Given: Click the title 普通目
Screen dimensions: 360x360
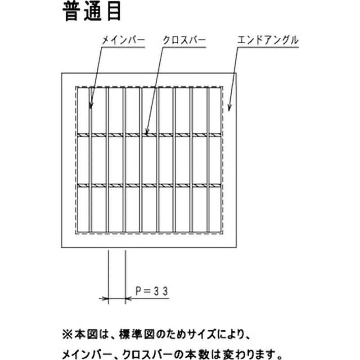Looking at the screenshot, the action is tap(92, 12).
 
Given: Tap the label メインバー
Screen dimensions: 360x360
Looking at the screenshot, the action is tap(123, 40).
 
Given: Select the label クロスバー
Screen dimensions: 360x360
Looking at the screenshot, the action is tap(184, 40).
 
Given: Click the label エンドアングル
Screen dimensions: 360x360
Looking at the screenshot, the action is tap(268, 40).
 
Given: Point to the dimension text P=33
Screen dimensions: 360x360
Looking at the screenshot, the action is tap(152, 291).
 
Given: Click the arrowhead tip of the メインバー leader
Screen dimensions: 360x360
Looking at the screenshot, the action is tap(91, 108).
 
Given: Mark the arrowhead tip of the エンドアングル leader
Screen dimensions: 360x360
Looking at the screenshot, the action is tap(229, 111).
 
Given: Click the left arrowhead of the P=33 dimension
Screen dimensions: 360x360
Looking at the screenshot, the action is tap(108, 299).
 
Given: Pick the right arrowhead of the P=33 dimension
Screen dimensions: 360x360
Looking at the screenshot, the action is tap(126, 299).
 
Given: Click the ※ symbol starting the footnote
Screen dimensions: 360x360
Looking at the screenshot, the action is tap(67, 334).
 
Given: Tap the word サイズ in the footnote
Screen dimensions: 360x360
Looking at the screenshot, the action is tap(202, 334).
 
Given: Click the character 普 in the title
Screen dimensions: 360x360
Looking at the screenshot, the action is tap(72, 12).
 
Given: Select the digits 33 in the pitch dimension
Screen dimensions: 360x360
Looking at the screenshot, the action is tap(161, 291).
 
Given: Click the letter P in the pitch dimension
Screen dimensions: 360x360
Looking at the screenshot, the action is tap(138, 291).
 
